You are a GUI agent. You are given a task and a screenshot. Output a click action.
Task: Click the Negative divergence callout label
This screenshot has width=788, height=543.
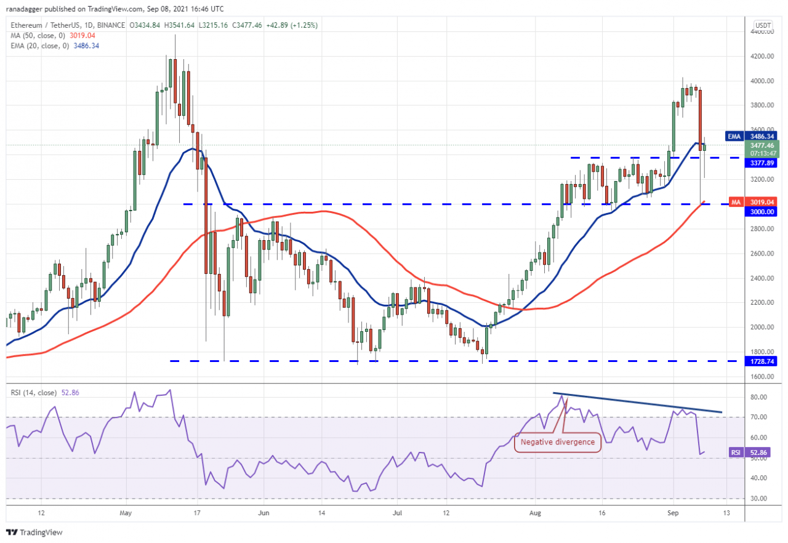coord(558,441)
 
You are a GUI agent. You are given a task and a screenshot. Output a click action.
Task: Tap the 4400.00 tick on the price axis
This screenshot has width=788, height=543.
coord(762,31)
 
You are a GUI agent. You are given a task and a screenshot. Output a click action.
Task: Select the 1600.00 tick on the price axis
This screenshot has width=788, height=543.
coord(762,377)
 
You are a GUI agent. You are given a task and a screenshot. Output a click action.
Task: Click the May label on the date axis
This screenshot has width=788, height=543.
coord(126,512)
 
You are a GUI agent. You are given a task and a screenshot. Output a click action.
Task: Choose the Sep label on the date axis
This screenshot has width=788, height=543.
coord(673,512)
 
